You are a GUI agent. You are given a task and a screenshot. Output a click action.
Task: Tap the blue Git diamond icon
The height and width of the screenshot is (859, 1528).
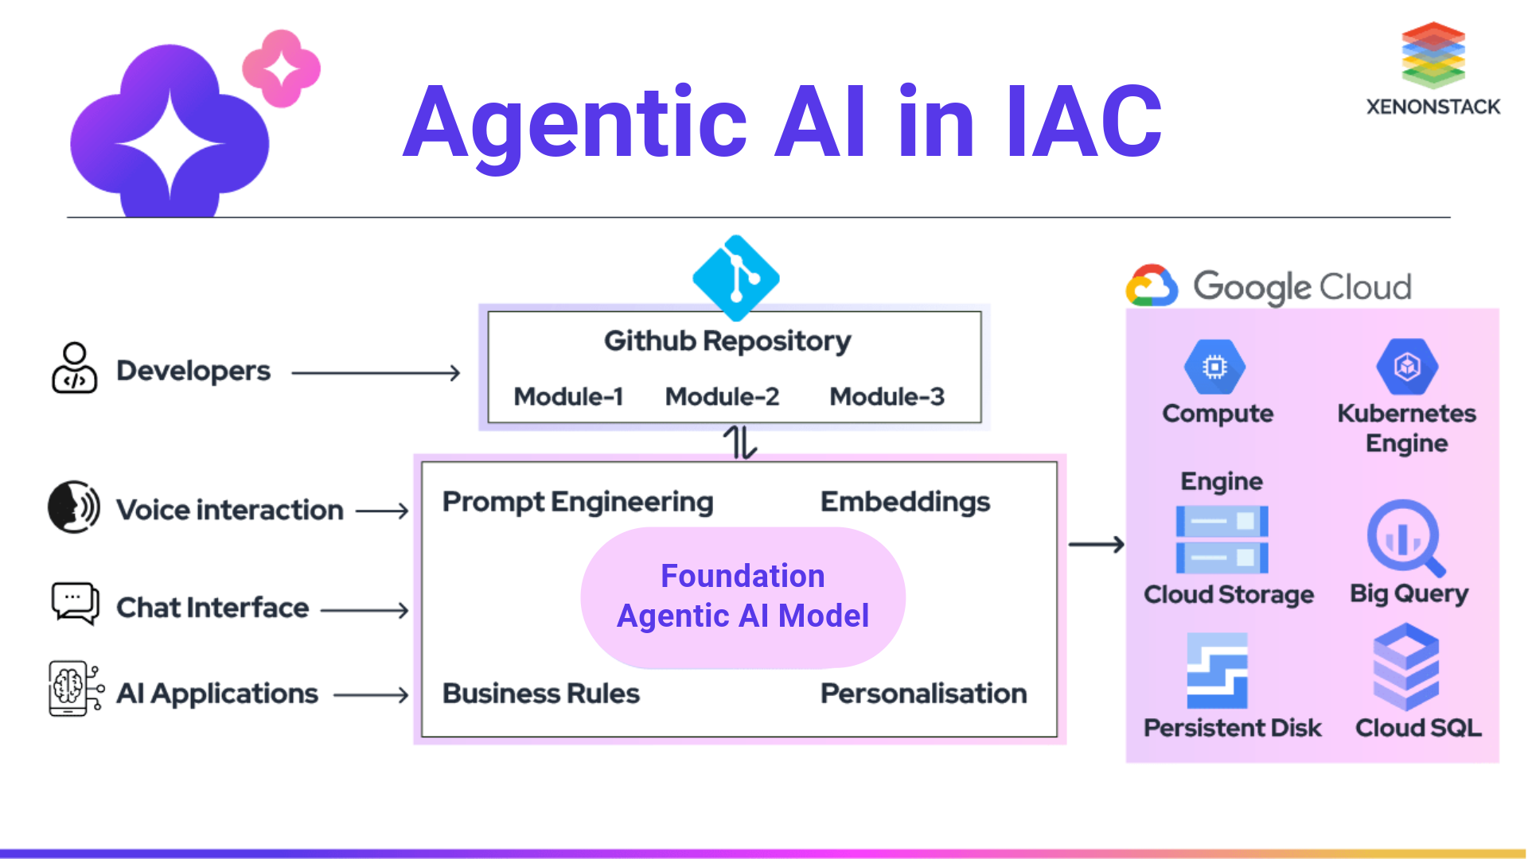click(x=736, y=278)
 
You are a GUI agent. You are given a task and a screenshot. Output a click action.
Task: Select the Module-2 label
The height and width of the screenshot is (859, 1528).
click(x=722, y=396)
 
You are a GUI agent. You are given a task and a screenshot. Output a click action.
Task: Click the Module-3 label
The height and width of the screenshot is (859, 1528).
click(x=887, y=396)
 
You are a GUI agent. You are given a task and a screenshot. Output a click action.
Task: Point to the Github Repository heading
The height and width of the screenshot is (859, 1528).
click(x=727, y=341)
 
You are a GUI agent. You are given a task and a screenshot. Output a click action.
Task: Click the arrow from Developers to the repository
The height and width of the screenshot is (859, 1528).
click(x=376, y=372)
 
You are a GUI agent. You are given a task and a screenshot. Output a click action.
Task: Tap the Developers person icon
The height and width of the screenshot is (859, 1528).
click(x=74, y=368)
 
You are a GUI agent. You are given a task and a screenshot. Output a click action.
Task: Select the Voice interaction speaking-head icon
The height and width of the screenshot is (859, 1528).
click(x=73, y=507)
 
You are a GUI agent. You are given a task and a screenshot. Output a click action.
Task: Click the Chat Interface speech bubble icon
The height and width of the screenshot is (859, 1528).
click(x=75, y=603)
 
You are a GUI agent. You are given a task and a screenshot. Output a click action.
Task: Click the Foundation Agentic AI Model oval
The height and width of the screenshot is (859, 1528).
click(x=743, y=597)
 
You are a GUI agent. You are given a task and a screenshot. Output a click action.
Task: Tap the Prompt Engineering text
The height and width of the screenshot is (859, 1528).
click(x=578, y=502)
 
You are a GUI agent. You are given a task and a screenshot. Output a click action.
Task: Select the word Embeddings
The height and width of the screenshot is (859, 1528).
click(x=905, y=502)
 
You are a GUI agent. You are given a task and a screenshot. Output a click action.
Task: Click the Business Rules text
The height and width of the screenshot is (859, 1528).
click(x=540, y=694)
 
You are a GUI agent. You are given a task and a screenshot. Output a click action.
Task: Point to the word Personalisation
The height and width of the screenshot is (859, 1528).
click(x=923, y=694)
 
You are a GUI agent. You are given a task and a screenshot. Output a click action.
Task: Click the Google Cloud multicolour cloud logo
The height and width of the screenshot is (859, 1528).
click(x=1152, y=286)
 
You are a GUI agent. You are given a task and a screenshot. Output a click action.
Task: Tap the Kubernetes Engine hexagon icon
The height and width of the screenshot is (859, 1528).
click(x=1407, y=367)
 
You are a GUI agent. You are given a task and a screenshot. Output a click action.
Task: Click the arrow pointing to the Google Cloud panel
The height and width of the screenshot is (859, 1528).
click(x=1096, y=545)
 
